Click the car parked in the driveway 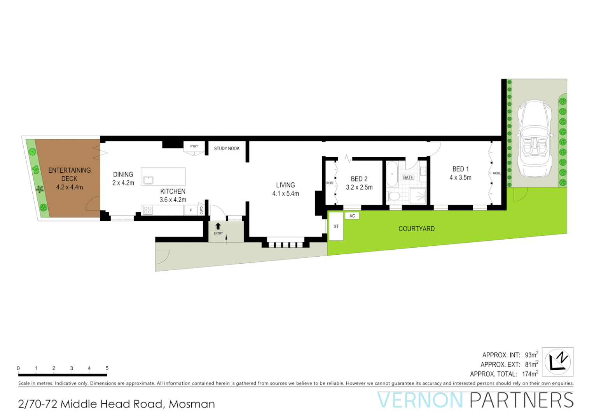click(x=535, y=138)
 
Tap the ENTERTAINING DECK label click(x=69, y=174)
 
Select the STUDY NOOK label click(x=227, y=149)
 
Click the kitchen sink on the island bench click(x=148, y=180)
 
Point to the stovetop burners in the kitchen click(x=148, y=210)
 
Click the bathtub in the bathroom click(x=392, y=174)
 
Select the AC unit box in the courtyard click(x=352, y=216)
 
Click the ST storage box click(x=336, y=226)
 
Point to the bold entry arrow click(x=218, y=226)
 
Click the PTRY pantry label click(x=194, y=147)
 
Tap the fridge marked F click(x=190, y=210)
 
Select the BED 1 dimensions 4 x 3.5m click(x=460, y=178)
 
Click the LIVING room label click(x=285, y=185)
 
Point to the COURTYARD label click(x=416, y=229)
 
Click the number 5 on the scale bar click(x=107, y=368)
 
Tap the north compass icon click(x=557, y=362)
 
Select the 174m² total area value click(x=530, y=374)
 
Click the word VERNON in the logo click(x=420, y=400)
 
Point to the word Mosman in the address click(x=192, y=404)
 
